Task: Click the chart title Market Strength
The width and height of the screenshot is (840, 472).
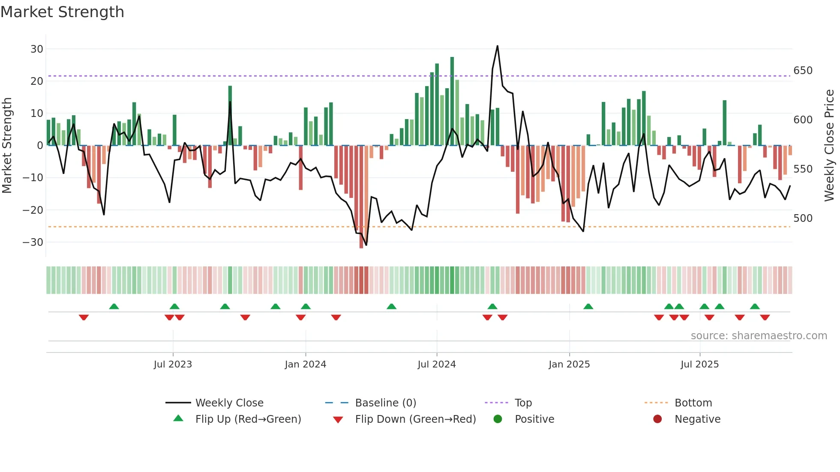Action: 62,12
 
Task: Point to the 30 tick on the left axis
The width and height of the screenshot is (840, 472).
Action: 37,49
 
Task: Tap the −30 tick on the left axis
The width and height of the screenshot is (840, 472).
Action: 33,242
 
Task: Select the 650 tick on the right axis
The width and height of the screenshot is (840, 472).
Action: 803,70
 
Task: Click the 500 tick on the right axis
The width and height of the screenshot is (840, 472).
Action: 803,218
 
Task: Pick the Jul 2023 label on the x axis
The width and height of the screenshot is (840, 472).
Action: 173,364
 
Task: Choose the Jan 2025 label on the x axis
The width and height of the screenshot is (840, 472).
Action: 569,364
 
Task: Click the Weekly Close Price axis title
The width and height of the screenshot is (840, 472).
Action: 829,145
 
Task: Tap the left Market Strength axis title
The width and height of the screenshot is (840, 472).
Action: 7,145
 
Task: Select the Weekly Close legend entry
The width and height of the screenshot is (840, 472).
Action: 229,403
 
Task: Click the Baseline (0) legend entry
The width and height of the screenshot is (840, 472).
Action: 385,403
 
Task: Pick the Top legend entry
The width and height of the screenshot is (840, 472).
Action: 523,403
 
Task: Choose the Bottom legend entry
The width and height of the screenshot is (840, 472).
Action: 693,403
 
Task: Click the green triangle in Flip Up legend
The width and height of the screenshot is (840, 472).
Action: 178,418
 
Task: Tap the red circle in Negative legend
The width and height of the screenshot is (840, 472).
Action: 657,419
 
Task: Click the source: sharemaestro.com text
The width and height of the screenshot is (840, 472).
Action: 759,336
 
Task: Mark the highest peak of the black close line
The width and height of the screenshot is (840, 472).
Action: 497,46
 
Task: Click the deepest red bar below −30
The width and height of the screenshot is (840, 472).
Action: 361,197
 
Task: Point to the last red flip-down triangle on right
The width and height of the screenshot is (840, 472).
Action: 765,317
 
